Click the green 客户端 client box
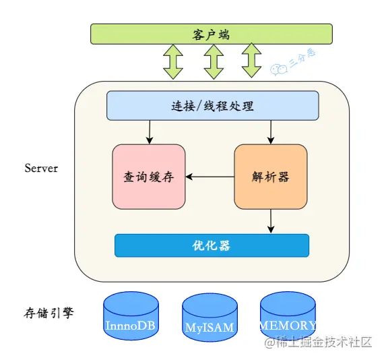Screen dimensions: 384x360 click(212, 34)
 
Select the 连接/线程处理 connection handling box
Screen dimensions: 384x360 click(213, 106)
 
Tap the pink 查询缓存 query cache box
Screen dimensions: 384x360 click(149, 177)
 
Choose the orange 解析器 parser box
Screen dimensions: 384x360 click(271, 177)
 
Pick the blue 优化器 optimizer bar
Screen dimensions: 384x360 click(212, 245)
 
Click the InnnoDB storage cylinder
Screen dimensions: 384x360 click(131, 316)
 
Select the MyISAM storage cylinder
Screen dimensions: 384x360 click(210, 318)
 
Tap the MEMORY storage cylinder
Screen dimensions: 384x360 click(288, 316)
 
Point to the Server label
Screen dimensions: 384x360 click(41, 169)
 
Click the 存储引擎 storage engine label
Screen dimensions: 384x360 click(49, 313)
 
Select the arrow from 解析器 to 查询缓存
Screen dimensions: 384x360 click(210, 177)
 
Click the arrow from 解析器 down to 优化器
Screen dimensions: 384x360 click(271, 221)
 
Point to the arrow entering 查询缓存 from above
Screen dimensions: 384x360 click(150, 132)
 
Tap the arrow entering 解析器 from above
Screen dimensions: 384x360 click(271, 132)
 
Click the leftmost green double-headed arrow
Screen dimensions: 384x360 click(173, 62)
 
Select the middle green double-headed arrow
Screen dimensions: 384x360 click(214, 62)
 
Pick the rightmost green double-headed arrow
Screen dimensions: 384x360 click(251, 61)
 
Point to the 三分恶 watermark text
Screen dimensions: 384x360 click(303, 58)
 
